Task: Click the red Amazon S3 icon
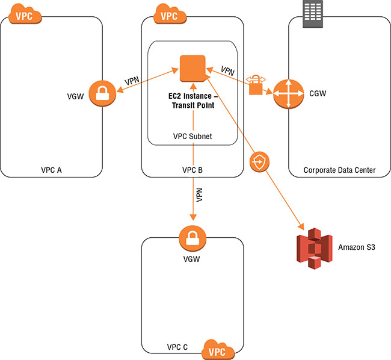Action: pyautogui.click(x=314, y=248)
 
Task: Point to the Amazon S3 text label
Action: pyautogui.click(x=357, y=247)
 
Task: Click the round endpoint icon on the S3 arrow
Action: pyautogui.click(x=259, y=161)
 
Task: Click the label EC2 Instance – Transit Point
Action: pyautogui.click(x=192, y=101)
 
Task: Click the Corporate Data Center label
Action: pyautogui.click(x=339, y=170)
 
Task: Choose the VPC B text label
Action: pyautogui.click(x=192, y=170)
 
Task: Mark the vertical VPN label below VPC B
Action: pyautogui.click(x=199, y=196)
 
